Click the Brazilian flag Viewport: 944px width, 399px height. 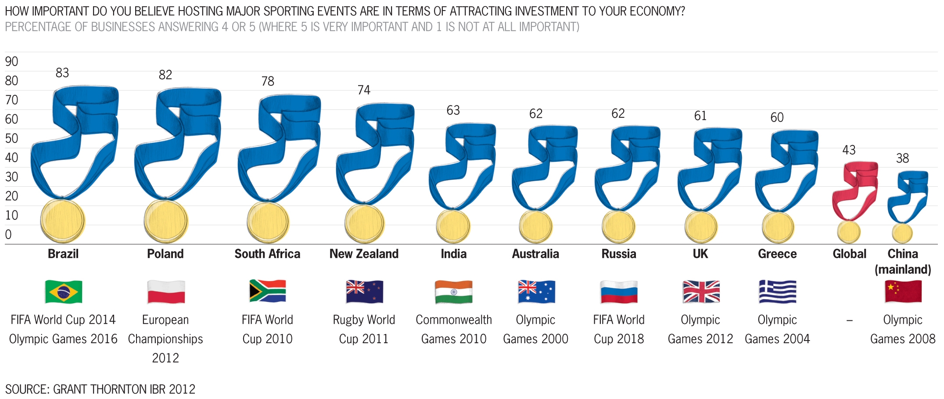point(64,291)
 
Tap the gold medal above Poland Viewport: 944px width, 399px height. point(166,221)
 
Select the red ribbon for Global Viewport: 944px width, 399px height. point(856,189)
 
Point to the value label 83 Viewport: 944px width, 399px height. point(62,73)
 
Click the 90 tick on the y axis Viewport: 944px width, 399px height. point(11,62)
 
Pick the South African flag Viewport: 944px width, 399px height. point(267,291)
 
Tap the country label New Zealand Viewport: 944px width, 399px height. point(364,254)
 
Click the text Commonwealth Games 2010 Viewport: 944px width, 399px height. point(454,329)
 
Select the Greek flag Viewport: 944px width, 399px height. point(777,291)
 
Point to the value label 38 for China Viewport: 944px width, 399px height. point(902,158)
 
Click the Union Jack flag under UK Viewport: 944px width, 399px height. point(701,291)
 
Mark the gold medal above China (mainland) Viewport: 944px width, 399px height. point(902,233)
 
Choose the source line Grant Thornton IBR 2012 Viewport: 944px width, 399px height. point(100,389)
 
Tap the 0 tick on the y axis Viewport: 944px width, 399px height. point(8,235)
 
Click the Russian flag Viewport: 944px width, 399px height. point(619,291)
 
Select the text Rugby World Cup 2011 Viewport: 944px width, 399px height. point(364,329)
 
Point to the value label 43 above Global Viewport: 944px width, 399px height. point(849,150)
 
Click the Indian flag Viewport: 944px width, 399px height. point(454,291)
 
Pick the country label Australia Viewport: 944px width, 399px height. point(535,254)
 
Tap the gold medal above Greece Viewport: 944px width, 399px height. point(778,227)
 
